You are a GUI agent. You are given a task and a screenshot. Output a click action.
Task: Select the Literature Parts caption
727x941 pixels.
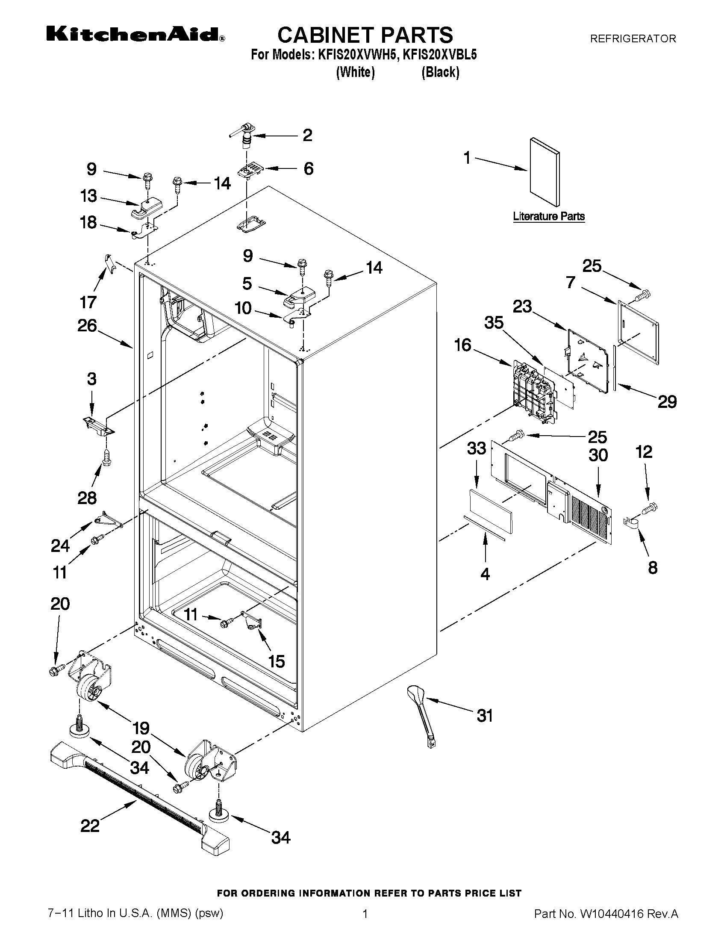[549, 216]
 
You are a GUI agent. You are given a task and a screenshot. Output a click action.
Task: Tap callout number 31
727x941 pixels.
[485, 716]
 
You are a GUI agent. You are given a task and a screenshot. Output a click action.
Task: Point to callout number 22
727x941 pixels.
[90, 826]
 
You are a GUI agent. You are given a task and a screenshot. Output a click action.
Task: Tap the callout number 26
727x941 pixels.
[87, 326]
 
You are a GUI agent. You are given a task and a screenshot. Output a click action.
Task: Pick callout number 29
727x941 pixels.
[667, 402]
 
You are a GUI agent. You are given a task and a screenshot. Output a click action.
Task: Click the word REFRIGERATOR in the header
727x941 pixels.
[633, 39]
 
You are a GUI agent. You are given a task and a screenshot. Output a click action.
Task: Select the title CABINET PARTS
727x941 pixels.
[365, 35]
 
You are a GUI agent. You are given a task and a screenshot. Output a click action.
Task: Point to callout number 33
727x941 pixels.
[477, 448]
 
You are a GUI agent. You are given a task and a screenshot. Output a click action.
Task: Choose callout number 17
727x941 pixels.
[88, 302]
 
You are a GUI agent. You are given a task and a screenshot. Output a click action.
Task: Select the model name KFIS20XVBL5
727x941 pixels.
[440, 55]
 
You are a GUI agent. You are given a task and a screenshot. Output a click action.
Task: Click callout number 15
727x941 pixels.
[277, 661]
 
